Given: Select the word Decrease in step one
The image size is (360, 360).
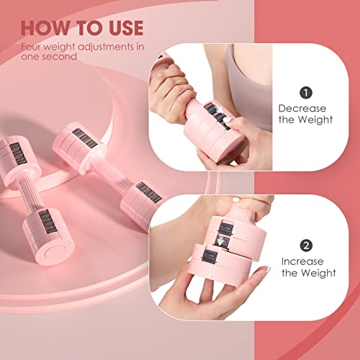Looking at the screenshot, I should click(x=302, y=107).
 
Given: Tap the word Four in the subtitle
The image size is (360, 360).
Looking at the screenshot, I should click(x=31, y=48).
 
